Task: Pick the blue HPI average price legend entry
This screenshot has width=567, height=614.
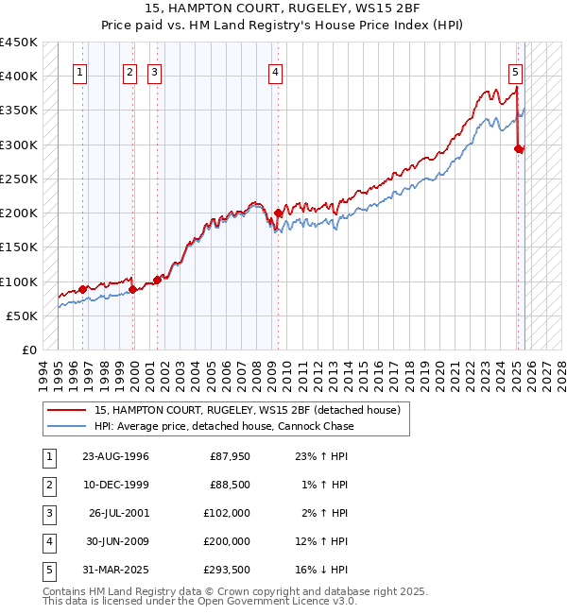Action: click(x=223, y=426)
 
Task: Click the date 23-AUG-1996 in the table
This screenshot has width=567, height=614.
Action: click(x=115, y=457)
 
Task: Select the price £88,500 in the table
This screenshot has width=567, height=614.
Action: click(x=229, y=484)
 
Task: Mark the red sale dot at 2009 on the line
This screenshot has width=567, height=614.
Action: click(x=278, y=213)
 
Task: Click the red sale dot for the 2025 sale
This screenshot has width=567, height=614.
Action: click(x=519, y=149)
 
